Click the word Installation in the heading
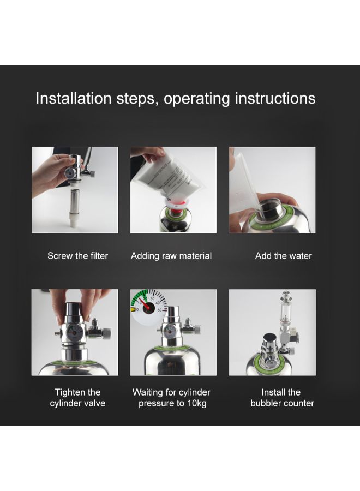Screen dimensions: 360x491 (74, 98)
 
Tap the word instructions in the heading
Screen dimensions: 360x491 (275, 98)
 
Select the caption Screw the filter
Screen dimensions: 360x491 (77, 256)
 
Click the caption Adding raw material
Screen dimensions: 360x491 (171, 256)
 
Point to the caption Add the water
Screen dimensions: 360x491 (283, 256)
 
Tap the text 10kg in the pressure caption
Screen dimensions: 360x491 (197, 403)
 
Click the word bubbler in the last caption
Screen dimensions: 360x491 (265, 403)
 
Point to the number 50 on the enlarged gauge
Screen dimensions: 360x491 (160, 310)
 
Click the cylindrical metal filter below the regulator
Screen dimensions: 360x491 (75, 200)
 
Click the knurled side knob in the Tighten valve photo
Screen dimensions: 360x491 (106, 332)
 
